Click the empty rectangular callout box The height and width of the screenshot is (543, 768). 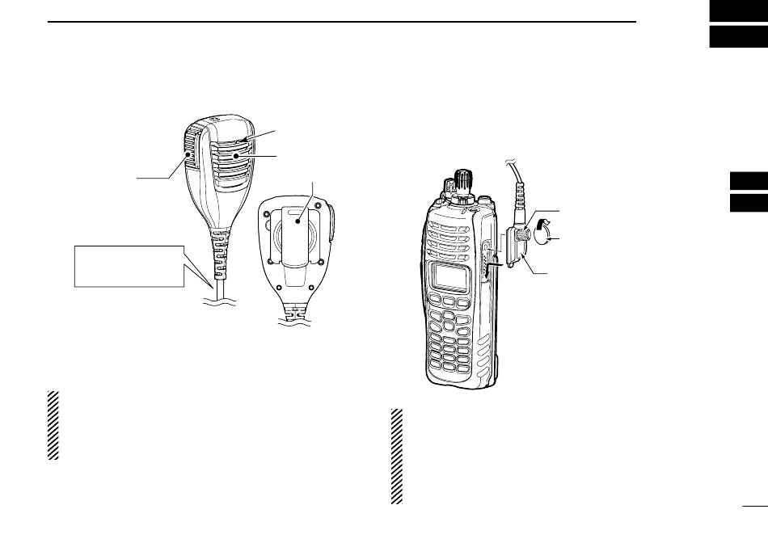129,265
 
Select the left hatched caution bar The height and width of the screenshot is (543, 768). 53,426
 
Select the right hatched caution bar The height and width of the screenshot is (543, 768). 396,457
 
